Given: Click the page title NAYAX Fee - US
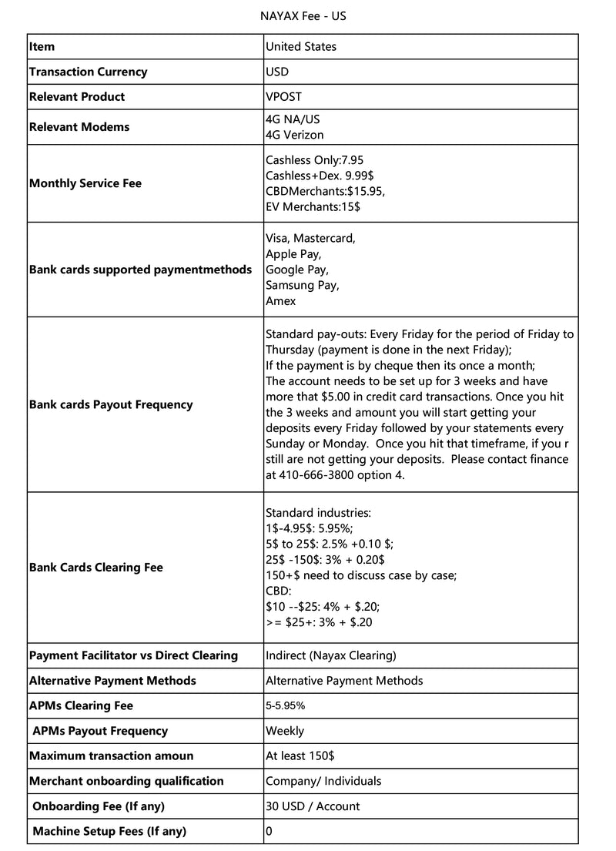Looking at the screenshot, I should click(308, 15).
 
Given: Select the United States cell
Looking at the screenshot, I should click(301, 46).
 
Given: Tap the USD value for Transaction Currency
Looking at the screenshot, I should click(277, 72).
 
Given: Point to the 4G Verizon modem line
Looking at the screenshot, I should click(295, 135).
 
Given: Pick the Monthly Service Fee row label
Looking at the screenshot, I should click(85, 183).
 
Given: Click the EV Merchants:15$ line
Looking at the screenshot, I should click(313, 206).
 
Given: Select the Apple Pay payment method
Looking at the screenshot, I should click(293, 253).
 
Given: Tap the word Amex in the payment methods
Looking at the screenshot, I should click(280, 301).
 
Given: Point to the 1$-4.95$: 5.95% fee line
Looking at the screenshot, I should click(310, 528).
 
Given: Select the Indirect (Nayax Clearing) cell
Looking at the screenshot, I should click(331, 655).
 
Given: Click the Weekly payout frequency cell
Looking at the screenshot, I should click(285, 731).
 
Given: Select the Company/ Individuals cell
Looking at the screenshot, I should click(323, 781).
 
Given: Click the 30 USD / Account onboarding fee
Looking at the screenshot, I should click(313, 806).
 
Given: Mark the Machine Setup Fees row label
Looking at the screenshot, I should click(109, 831).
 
